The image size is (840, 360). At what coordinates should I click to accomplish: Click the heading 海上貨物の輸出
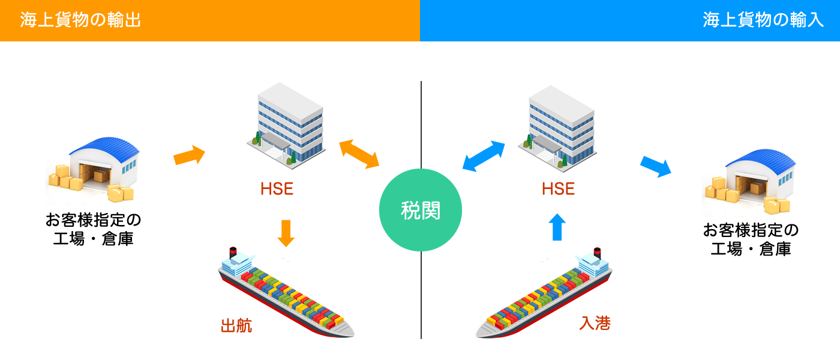(80, 20)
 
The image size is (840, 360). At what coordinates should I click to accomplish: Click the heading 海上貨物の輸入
(763, 20)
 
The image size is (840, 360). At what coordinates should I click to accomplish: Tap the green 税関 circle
(421, 210)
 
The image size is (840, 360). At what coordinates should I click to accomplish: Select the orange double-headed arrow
(359, 154)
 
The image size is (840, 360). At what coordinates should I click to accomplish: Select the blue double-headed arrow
(484, 156)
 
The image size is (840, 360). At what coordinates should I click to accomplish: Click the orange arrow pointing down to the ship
(286, 233)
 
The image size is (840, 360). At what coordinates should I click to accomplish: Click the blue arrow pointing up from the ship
(557, 227)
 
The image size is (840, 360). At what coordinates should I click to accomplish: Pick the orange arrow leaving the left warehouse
(189, 155)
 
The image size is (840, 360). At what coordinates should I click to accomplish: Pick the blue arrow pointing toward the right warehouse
(655, 167)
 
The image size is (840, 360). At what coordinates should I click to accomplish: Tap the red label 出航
(236, 325)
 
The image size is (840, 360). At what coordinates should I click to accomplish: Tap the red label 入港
(595, 323)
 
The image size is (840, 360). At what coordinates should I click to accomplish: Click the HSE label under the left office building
(277, 188)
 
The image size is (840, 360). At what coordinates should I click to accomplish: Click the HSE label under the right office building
(558, 188)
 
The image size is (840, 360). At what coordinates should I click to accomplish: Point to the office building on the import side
(557, 128)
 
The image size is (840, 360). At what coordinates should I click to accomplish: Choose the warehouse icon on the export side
(92, 169)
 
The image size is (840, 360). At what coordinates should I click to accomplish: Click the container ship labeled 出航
(286, 293)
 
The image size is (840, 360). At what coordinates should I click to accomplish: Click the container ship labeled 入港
(544, 293)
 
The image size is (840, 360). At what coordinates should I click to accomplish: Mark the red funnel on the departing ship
(233, 252)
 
